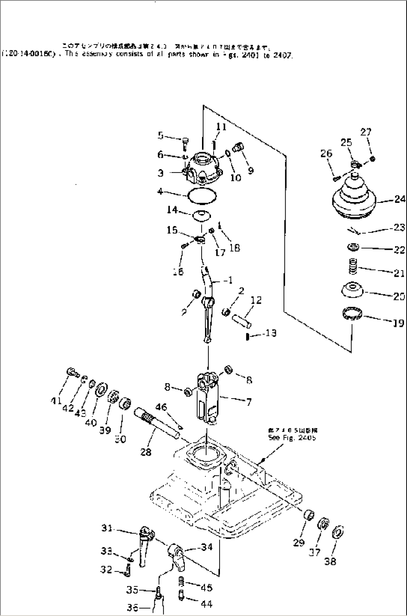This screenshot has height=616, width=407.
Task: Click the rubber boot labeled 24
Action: pos(353,198)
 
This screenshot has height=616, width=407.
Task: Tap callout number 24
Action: pos(400,199)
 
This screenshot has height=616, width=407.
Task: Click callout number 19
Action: pos(398,322)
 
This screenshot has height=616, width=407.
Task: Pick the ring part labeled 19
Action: pos(353,313)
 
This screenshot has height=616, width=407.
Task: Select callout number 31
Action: pos(107,528)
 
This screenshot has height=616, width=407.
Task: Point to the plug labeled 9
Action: pos(238,147)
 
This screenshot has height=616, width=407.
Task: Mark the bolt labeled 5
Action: pos(186,142)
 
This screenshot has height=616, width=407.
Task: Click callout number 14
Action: pos(172,210)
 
